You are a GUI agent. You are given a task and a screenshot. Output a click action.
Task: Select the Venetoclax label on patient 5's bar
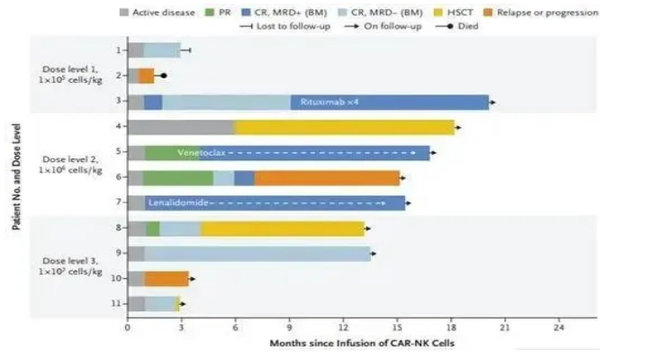[x=200, y=152]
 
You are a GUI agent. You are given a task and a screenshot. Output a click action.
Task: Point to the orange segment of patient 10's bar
[x=167, y=278]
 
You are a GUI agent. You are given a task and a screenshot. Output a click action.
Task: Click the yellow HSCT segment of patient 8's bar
[x=282, y=228]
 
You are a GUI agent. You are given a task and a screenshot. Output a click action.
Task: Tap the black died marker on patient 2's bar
[x=163, y=76]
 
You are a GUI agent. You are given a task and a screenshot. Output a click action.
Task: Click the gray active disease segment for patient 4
[x=181, y=127]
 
